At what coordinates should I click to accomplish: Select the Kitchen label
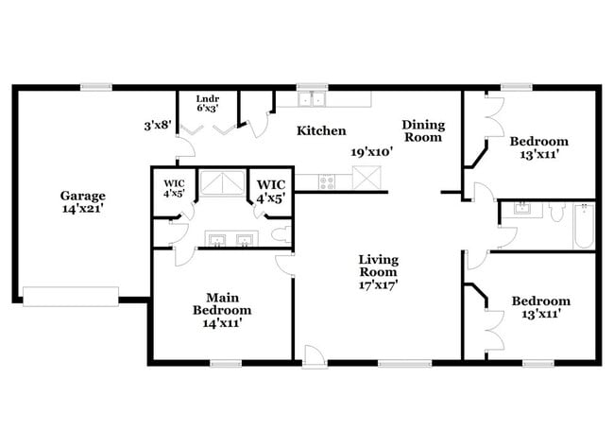[x=321, y=130]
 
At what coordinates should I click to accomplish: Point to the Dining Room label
[x=421, y=130]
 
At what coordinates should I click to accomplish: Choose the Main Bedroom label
[x=222, y=302]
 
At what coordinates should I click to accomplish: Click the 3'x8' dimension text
[x=157, y=124]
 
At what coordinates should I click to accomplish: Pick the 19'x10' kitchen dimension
[x=371, y=150]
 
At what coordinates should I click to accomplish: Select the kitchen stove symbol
[x=328, y=180]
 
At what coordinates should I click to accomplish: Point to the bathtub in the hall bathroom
[x=584, y=226]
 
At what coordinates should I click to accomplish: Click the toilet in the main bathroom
[x=280, y=234]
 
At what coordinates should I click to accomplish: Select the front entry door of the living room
[x=315, y=355]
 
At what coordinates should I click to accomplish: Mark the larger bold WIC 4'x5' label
[x=270, y=190]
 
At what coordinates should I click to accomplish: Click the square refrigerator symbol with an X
[x=366, y=177]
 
